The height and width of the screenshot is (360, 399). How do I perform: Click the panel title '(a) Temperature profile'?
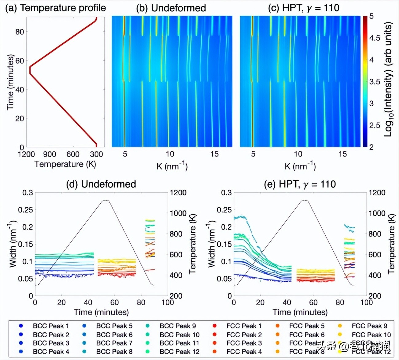[x=56, y=8]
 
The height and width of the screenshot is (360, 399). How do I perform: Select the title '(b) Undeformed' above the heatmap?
[x=171, y=8]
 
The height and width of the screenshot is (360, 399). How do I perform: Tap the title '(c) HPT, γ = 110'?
[x=304, y=8]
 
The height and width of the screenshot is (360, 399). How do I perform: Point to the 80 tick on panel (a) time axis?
[x=20, y=32]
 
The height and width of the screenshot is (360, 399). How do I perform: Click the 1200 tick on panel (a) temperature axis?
[x=26, y=155]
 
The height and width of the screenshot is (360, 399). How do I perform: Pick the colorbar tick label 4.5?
[x=374, y=38]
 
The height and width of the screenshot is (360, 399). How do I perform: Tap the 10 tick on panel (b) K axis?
[x=170, y=154]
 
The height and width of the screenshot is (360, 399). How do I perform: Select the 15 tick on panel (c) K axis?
[x=343, y=154]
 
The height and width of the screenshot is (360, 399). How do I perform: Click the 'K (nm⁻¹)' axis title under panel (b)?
[x=172, y=166]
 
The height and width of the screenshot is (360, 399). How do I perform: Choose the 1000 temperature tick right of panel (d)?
[x=178, y=213]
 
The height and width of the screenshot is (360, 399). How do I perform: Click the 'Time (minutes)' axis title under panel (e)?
[x=300, y=312]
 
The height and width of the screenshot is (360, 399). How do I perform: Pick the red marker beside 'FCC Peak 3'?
[x=215, y=343]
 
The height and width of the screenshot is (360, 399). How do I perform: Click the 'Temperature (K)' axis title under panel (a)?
[x=65, y=164]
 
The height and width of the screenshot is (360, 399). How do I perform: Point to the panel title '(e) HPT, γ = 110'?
[x=300, y=184]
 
